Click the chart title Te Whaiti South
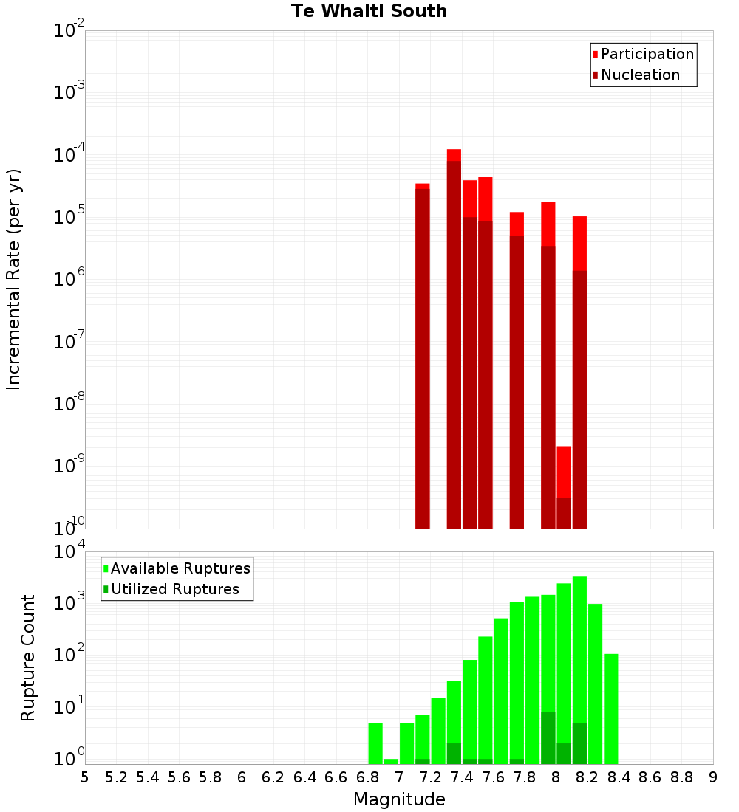[x=369, y=11]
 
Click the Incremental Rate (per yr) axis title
[x=13, y=279]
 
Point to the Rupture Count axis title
[x=28, y=657]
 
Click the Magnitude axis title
[x=399, y=799]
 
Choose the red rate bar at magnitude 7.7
[x=517, y=370]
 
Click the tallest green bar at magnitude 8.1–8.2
[x=579, y=664]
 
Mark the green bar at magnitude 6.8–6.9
[x=375, y=743]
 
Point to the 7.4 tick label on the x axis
[x=462, y=777]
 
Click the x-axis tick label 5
[x=85, y=777]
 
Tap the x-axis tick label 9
[x=713, y=777]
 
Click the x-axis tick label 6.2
[x=273, y=777]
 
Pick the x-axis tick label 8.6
[x=650, y=777]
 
